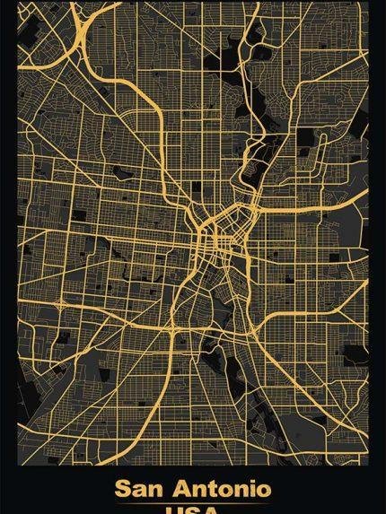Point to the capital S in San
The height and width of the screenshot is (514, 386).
[123, 490]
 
